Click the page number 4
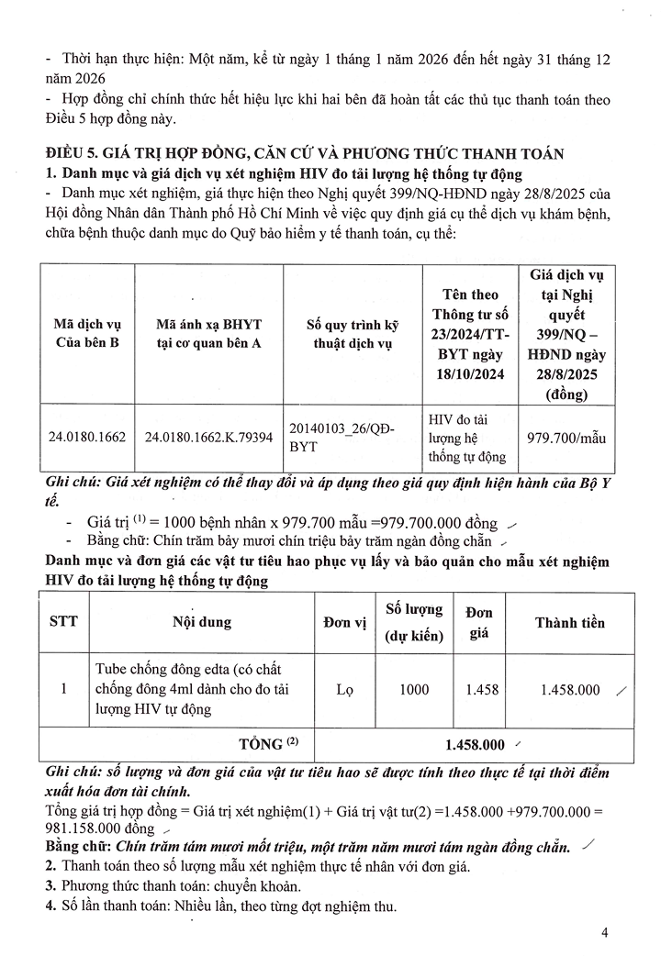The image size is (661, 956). pos(605,933)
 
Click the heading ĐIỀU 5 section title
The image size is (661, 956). pos(308,153)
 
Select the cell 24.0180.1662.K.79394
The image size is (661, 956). pos(208,437)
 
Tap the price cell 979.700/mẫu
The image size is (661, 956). pos(567,437)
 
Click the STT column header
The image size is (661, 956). pos(63,622)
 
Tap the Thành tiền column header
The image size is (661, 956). pos(570,622)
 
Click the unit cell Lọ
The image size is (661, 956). pos(344,689)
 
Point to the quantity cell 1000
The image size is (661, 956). pos(414,689)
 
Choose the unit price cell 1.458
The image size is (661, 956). pos(481,689)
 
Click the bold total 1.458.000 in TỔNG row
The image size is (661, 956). pos(475,745)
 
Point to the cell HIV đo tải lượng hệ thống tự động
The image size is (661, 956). pos(466,437)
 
